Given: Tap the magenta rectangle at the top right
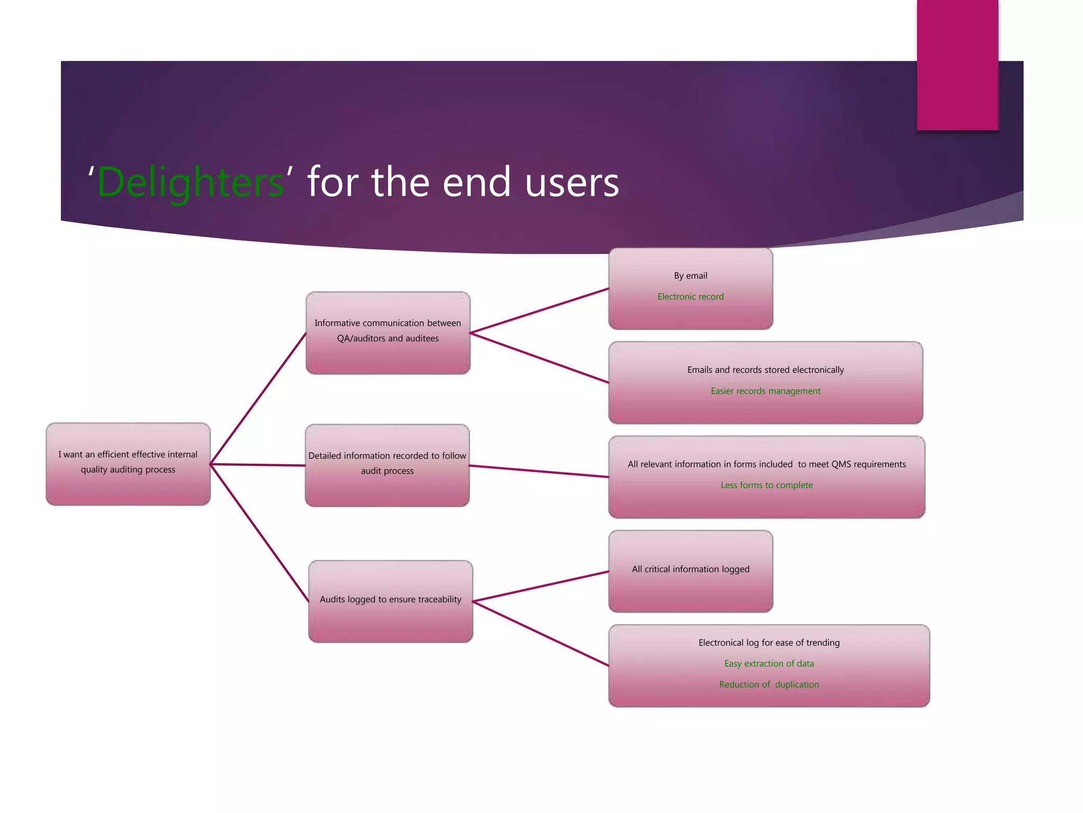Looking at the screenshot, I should tap(957, 65).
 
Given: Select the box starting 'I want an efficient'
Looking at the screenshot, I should tap(128, 464).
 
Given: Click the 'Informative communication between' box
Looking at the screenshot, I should tap(388, 333).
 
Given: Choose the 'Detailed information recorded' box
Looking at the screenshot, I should tap(387, 465).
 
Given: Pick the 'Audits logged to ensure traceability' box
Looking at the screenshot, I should tap(390, 601).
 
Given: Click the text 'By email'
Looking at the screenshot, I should tap(690, 276).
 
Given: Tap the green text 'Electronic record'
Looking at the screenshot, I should tap(690, 297).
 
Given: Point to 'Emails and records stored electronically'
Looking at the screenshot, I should tap(765, 370).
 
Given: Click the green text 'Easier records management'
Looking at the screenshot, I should tap(765, 391).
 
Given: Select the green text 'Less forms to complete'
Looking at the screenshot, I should tap(766, 485).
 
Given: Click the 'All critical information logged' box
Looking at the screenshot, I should tap(690, 571).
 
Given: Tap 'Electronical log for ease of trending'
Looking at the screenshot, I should tap(768, 643).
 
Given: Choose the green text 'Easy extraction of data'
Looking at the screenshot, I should tap(768, 664).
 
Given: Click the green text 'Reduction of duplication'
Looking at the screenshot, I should tap(768, 684).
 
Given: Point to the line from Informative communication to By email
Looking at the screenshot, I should tap(539, 311).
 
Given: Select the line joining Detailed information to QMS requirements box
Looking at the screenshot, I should tap(539, 472).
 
